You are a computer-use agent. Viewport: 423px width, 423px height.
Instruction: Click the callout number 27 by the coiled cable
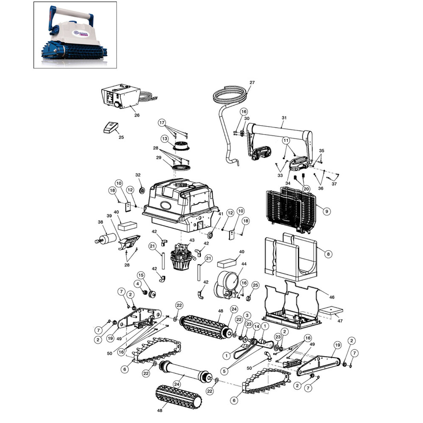click(x=252, y=82)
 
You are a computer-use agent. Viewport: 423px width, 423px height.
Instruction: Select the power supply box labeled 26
click(x=121, y=96)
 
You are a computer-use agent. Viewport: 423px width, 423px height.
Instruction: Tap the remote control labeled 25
click(x=111, y=128)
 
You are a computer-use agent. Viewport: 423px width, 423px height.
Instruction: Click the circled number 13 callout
click(x=165, y=139)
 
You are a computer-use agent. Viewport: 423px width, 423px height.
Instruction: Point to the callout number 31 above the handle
click(x=284, y=118)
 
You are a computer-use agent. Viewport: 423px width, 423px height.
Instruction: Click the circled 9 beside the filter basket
click(x=327, y=211)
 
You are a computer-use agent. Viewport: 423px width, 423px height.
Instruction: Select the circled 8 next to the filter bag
click(x=328, y=254)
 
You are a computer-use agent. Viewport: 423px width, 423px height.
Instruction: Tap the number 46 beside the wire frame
click(x=332, y=297)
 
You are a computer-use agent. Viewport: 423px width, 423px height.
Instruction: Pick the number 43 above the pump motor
click(x=192, y=240)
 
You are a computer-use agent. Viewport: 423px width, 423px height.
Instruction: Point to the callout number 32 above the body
click(x=138, y=175)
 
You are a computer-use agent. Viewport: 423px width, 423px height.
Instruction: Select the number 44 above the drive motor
click(x=244, y=264)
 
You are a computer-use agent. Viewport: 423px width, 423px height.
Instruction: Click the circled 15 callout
click(x=141, y=275)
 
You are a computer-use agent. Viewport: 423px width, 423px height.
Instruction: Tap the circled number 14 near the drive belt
click(x=256, y=327)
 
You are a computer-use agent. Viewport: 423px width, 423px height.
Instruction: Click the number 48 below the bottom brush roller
click(x=160, y=411)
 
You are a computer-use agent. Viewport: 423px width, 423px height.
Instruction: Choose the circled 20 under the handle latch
click(x=306, y=189)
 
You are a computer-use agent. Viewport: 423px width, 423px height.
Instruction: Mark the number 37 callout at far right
click(x=334, y=184)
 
